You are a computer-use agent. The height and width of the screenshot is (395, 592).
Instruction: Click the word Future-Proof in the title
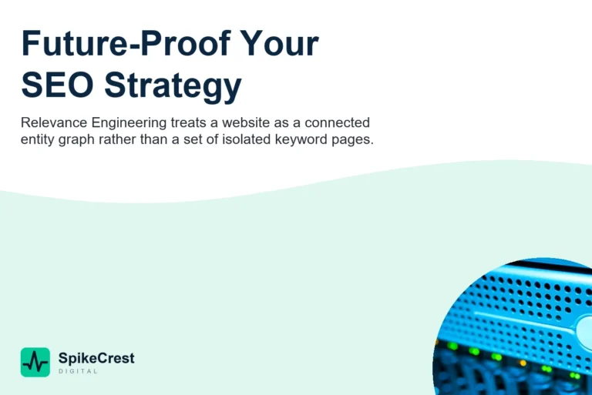126,43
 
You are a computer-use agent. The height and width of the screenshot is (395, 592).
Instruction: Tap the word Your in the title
279,43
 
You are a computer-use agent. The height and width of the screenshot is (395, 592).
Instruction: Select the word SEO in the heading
57,85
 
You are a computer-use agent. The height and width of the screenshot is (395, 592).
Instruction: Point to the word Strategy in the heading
173,87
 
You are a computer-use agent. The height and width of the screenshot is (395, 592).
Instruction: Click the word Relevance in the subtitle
54,122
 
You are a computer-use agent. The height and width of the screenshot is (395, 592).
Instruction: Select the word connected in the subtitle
337,122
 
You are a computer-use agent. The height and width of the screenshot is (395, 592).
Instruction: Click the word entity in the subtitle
37,140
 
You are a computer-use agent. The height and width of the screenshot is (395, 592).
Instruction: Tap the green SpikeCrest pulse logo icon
35,362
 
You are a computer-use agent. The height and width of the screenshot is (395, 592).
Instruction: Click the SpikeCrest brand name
96,358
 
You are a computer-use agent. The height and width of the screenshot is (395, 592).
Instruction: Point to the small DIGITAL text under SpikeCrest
78,371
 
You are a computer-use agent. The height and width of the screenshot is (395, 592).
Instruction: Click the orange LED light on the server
523,363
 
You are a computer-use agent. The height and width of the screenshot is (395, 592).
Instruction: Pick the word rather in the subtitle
117,139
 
